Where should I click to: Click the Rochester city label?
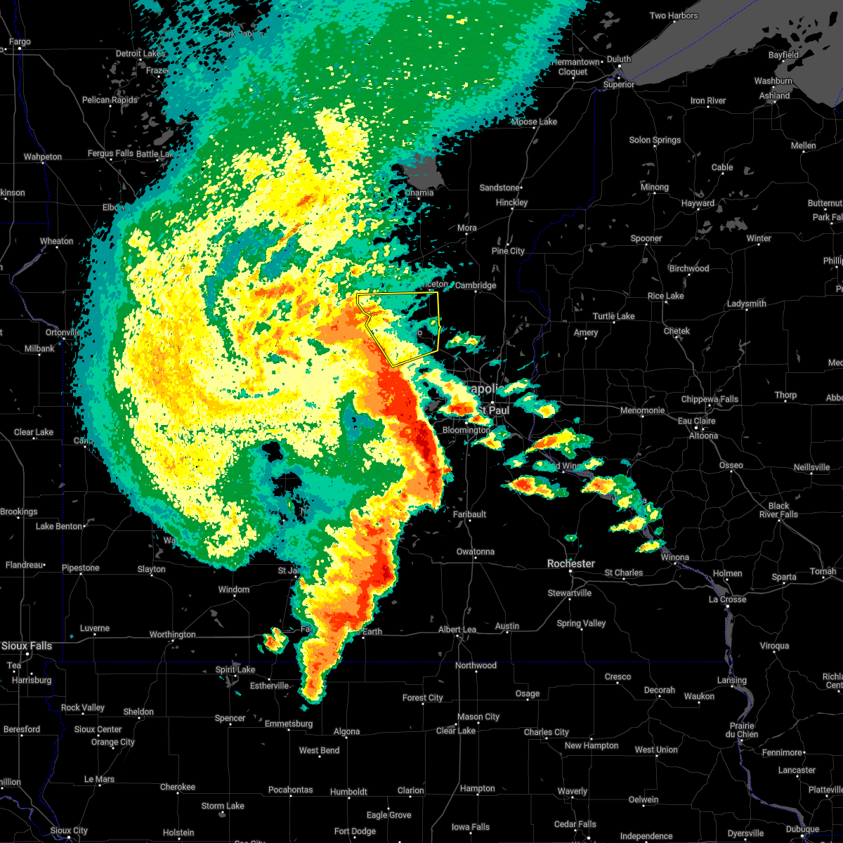point(571,563)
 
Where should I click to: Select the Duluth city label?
point(619,60)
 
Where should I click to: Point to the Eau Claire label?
point(696,421)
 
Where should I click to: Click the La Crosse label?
point(728,599)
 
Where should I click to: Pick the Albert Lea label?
point(457,629)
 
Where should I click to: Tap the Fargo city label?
point(20,42)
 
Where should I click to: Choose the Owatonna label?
point(476,551)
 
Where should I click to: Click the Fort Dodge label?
point(355,831)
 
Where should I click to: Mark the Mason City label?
point(478,717)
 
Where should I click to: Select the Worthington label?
point(172,634)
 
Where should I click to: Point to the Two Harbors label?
point(674,16)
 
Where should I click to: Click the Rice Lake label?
point(665,296)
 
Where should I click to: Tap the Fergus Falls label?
point(110,153)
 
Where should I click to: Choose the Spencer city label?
point(230,718)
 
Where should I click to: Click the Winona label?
point(675,557)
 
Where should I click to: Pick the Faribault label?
point(469,514)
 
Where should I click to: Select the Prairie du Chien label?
point(743,730)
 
